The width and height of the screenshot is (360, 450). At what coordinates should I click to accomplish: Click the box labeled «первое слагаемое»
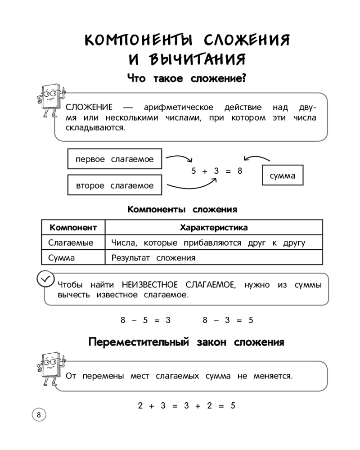pyautogui.click(x=114, y=159)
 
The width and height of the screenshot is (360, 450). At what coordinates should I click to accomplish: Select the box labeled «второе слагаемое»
pyautogui.click(x=114, y=185)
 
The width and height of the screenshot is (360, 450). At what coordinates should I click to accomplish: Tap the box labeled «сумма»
pyautogui.click(x=283, y=176)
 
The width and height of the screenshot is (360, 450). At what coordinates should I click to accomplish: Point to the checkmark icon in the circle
pyautogui.click(x=45, y=279)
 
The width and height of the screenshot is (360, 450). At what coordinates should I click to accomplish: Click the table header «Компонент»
pyautogui.click(x=73, y=228)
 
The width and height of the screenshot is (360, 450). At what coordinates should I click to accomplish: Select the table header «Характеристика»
pyautogui.click(x=213, y=228)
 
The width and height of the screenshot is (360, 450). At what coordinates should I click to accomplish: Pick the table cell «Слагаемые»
pyautogui.click(x=71, y=243)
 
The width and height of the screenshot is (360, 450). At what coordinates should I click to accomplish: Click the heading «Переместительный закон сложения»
pyautogui.click(x=186, y=342)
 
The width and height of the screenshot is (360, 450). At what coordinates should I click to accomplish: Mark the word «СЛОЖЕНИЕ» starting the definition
pyautogui.click(x=89, y=108)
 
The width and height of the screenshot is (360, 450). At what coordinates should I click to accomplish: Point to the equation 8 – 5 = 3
pyautogui.click(x=146, y=320)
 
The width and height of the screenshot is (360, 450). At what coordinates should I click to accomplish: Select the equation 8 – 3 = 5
pyautogui.click(x=228, y=320)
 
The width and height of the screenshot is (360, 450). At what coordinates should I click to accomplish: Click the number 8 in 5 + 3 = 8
pyautogui.click(x=240, y=171)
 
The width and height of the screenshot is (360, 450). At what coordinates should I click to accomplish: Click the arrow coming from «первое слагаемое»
pyautogui.click(x=179, y=159)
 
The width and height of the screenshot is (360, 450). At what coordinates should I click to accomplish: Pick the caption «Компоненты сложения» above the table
pyautogui.click(x=182, y=209)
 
